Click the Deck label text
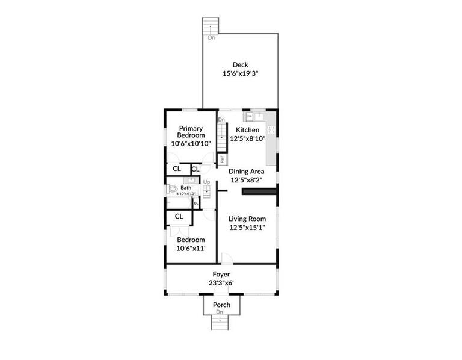[241, 65]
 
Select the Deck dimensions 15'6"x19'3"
[241, 75]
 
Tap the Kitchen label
[247, 130]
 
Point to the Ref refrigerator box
[222, 160]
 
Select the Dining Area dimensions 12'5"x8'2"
[247, 180]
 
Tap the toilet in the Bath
[173, 189]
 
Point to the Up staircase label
[206, 182]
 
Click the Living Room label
[247, 219]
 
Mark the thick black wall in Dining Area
[259, 191]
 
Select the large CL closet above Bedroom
[179, 216]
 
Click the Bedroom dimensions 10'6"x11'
[191, 247]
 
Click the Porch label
[221, 305]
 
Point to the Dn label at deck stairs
[211, 37]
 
